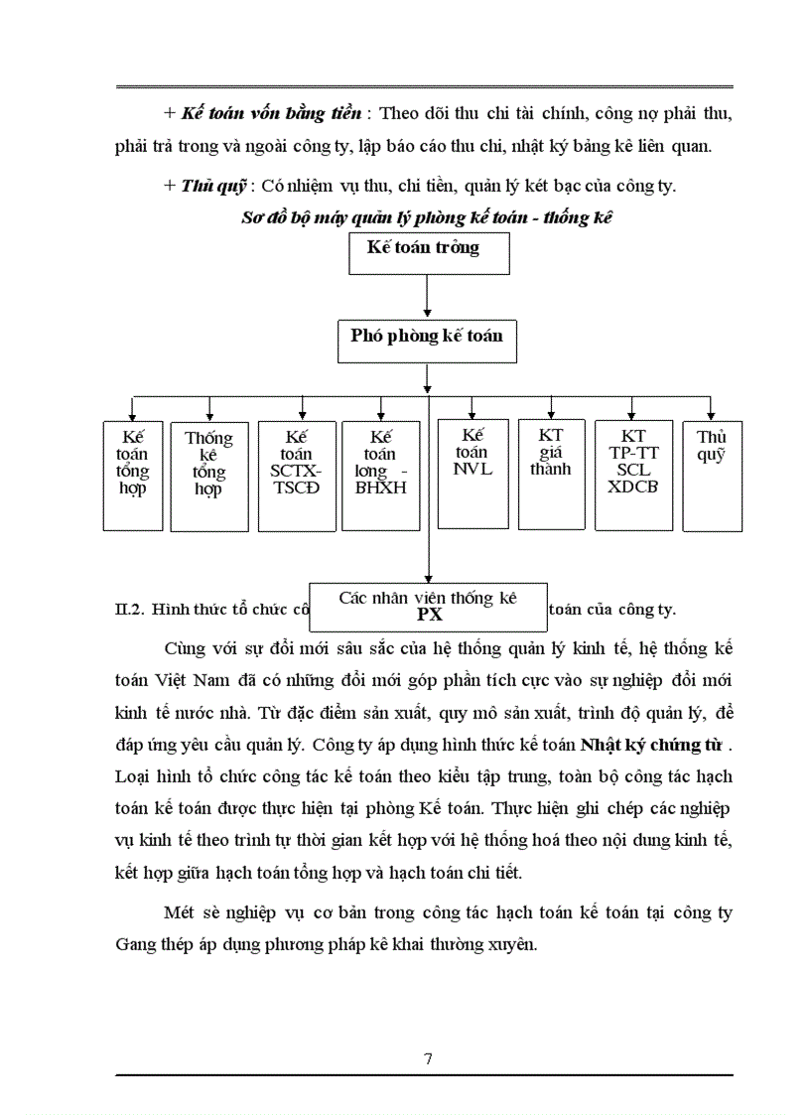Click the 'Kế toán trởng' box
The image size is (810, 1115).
click(x=429, y=253)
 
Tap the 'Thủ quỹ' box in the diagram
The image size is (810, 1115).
click(x=712, y=475)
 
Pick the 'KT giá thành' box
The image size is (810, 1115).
click(x=550, y=473)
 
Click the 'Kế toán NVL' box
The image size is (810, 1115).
click(x=472, y=473)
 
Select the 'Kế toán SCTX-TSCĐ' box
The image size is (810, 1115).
click(x=296, y=475)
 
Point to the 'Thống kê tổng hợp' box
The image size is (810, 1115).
click(x=208, y=475)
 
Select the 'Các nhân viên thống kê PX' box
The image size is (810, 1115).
click(x=428, y=607)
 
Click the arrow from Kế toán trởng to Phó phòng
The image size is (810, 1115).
click(x=427, y=296)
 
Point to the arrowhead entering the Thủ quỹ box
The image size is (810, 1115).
click(x=711, y=413)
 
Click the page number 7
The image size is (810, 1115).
click(x=428, y=1057)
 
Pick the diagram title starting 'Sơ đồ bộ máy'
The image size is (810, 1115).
click(x=427, y=218)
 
